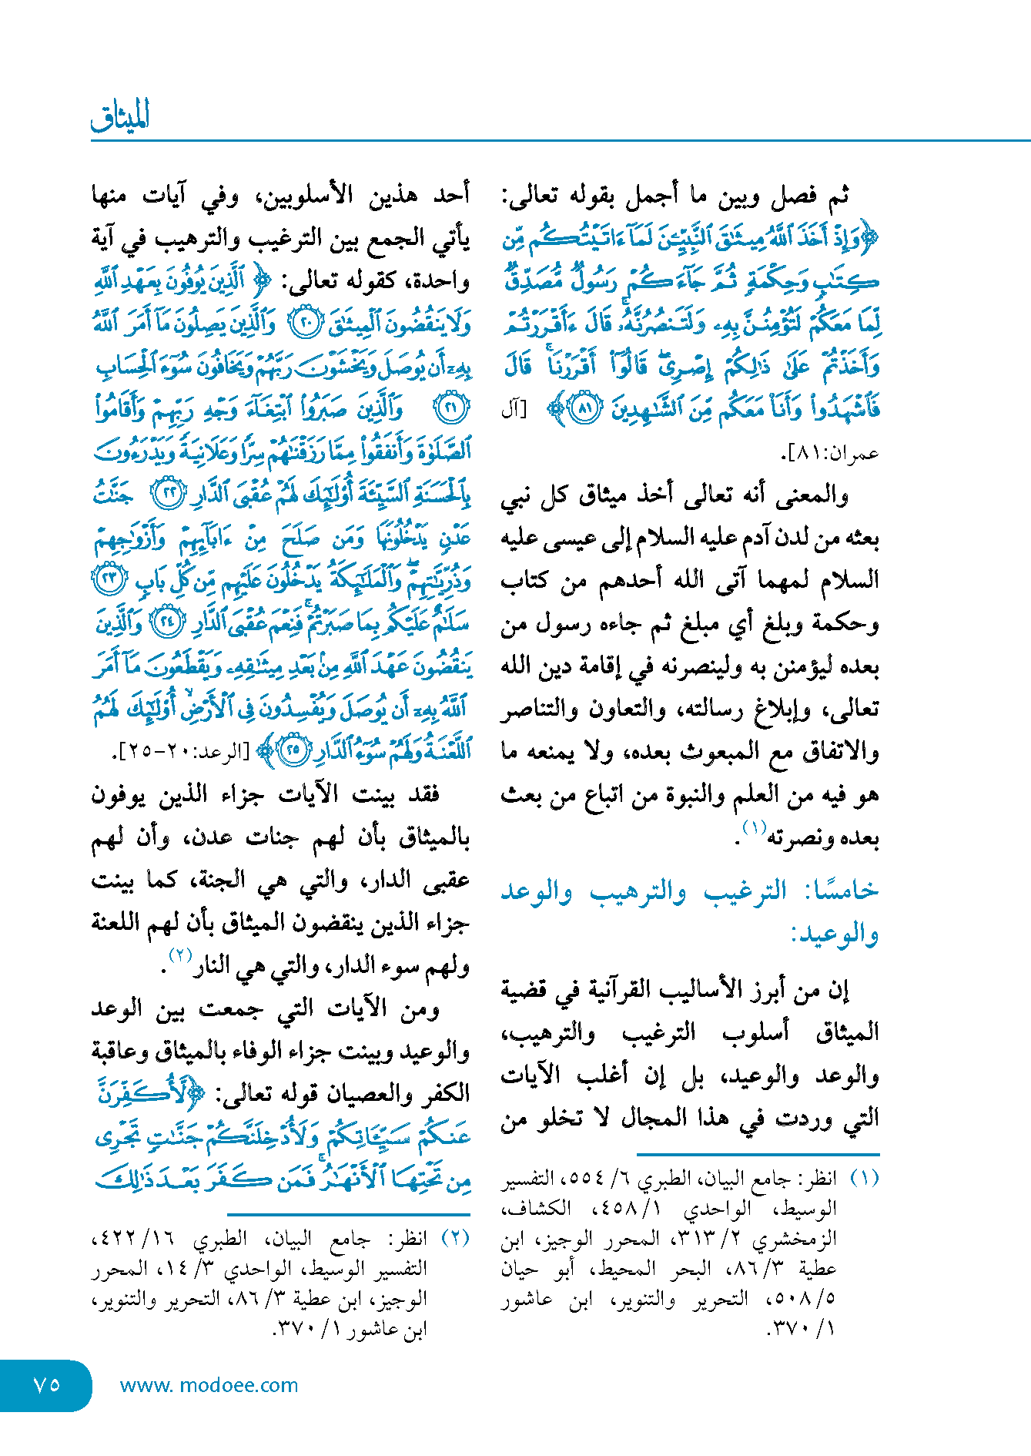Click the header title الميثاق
click(120, 116)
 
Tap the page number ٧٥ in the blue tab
click(47, 1384)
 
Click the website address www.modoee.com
click(209, 1385)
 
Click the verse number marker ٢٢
click(168, 494)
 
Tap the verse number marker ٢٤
click(166, 622)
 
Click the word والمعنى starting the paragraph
click(812, 495)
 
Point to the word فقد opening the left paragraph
click(423, 794)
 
